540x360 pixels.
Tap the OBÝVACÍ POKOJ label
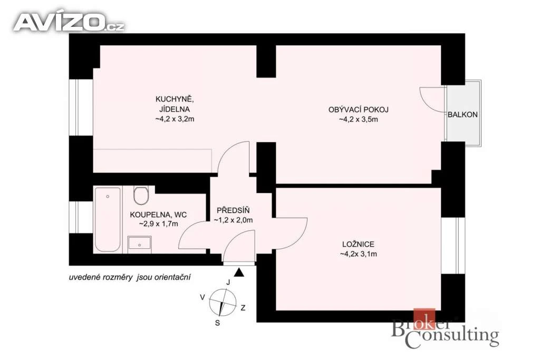(x=358, y=110)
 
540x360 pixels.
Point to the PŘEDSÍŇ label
(x=233, y=210)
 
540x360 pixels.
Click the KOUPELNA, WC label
(x=158, y=215)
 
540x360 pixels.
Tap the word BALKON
(x=462, y=114)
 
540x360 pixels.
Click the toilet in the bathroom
(x=141, y=195)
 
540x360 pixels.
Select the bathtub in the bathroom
(x=108, y=219)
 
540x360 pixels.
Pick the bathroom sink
(x=139, y=243)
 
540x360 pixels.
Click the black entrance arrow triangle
(x=239, y=273)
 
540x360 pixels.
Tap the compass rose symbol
(x=223, y=303)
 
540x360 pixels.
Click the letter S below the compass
(x=217, y=323)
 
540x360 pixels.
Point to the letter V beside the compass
(x=203, y=297)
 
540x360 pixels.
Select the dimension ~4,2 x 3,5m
(x=358, y=120)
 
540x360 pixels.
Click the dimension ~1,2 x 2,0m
(x=233, y=220)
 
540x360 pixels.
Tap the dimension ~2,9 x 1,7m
(x=158, y=224)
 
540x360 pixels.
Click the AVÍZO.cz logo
(x=69, y=22)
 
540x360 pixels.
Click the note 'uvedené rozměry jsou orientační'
(x=130, y=277)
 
